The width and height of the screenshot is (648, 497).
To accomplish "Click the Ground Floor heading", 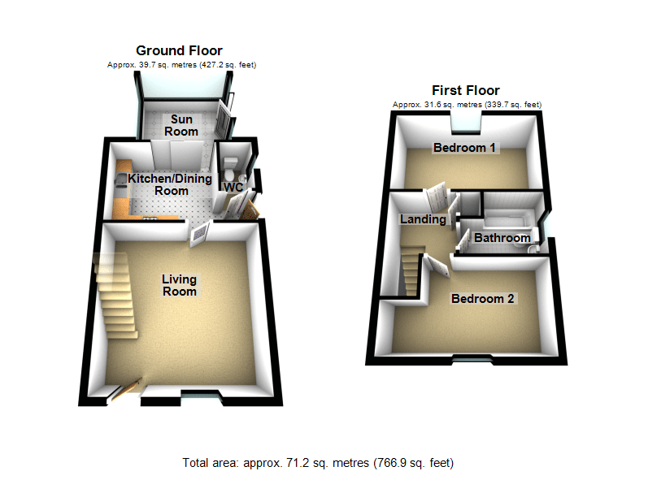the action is tap(179, 51).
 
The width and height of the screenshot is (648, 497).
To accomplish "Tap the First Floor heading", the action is tap(466, 90).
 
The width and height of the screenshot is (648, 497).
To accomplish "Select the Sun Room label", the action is tap(181, 126).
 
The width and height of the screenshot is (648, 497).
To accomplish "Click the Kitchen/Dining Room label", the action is tap(170, 184).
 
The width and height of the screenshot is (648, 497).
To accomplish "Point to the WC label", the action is tap(233, 188).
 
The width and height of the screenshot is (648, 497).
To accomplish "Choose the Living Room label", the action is tap(179, 285).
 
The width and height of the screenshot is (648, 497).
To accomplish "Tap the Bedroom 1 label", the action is tap(464, 148).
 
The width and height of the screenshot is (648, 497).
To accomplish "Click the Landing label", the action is tap(423, 219).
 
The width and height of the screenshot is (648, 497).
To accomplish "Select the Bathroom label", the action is tap(502, 238).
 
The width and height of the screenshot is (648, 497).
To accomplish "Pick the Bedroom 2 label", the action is tap(483, 299).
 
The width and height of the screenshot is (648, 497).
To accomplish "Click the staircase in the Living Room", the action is tap(115, 295).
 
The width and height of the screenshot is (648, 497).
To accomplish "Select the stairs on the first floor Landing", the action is tap(411, 270).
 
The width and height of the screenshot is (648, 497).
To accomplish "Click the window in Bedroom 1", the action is tap(466, 123).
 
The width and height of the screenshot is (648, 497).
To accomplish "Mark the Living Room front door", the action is tap(126, 389).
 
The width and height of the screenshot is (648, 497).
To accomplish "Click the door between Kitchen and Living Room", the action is tap(200, 234).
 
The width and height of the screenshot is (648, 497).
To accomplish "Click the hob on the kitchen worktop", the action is tap(150, 218).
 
